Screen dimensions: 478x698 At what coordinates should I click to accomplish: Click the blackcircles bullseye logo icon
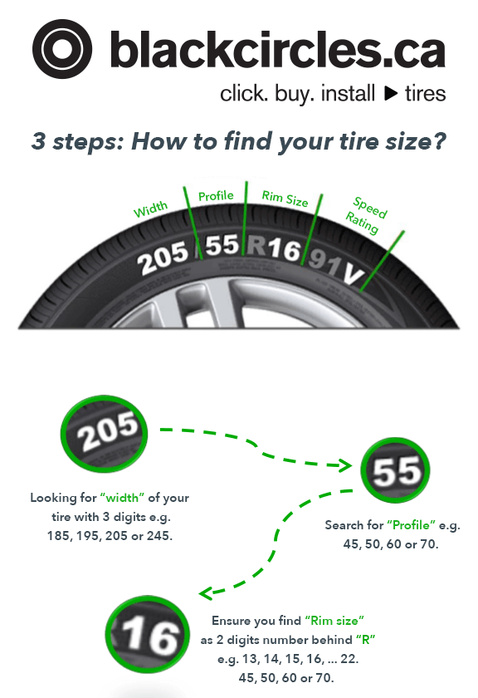(61, 49)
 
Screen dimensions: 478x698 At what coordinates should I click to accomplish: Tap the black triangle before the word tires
(390, 93)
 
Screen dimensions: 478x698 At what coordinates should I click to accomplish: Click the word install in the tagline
(348, 93)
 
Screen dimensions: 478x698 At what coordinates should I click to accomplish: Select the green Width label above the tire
(151, 209)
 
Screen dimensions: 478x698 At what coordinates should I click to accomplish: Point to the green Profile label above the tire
(216, 196)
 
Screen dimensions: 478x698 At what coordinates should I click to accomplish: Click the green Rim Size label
(285, 199)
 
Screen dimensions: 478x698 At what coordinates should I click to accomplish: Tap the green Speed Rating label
(367, 215)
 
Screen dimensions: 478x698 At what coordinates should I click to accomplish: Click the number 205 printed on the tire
(163, 258)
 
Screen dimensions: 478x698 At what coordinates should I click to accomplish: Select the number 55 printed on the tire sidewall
(222, 245)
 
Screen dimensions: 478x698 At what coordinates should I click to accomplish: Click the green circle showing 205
(104, 434)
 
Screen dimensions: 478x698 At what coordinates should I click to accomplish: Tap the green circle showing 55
(395, 469)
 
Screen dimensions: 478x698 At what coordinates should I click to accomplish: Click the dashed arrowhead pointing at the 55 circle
(344, 465)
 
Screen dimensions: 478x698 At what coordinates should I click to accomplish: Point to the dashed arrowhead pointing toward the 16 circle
(207, 593)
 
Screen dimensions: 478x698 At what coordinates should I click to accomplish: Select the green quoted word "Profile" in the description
(411, 525)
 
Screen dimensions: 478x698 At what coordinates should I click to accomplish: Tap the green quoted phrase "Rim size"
(334, 620)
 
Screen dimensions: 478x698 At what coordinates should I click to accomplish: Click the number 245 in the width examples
(159, 535)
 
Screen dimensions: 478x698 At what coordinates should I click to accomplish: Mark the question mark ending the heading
(439, 141)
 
